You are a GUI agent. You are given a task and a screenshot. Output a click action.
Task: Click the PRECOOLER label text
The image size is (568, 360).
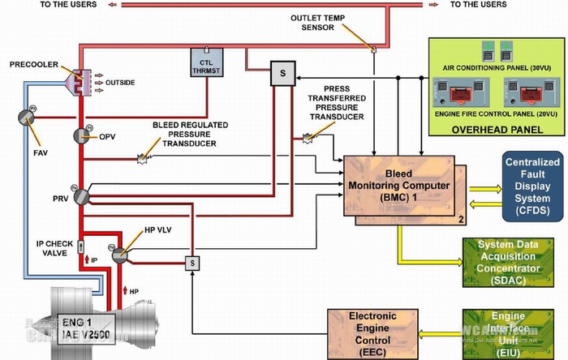point(32,62)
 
